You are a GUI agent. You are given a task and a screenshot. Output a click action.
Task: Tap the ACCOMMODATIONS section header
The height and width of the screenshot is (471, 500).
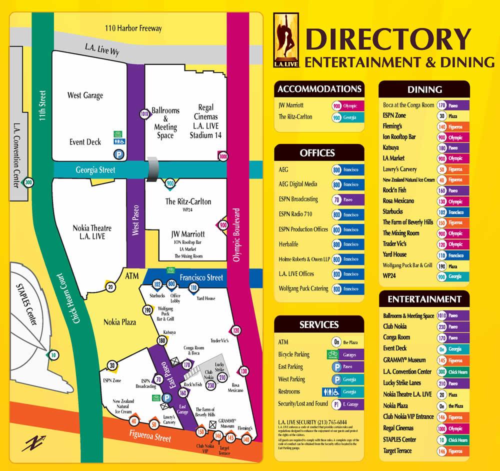(319, 89)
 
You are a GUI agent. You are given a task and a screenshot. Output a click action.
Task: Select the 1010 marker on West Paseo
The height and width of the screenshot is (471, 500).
(144, 114)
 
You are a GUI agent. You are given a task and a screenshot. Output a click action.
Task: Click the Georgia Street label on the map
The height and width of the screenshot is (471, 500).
(95, 170)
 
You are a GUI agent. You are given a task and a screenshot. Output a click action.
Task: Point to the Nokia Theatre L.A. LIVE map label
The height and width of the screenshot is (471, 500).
(92, 232)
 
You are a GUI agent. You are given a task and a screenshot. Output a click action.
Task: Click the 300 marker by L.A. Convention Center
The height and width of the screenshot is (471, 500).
(29, 182)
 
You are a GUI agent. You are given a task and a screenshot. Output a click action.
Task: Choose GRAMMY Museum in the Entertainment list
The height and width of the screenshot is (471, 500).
(404, 360)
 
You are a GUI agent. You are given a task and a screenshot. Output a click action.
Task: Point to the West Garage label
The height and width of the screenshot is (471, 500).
(85, 95)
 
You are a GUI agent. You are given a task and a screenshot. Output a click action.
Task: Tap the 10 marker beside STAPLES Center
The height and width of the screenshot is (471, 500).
(54, 355)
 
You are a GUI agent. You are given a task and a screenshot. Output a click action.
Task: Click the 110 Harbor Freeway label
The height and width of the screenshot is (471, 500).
(133, 28)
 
